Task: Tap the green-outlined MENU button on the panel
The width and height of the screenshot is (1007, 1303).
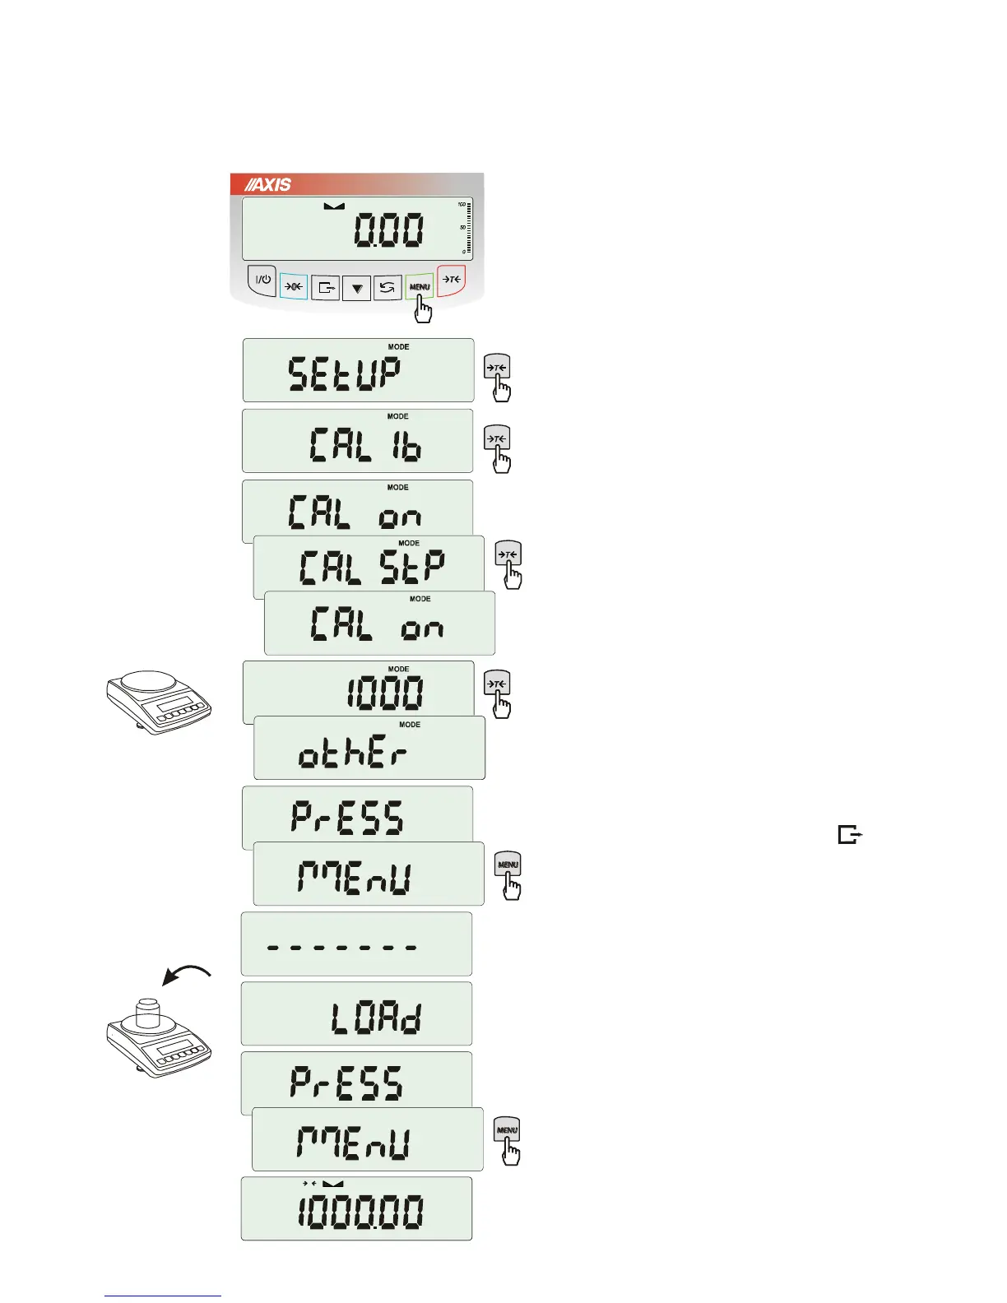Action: click(x=420, y=286)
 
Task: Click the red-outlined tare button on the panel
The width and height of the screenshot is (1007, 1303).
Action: click(x=452, y=280)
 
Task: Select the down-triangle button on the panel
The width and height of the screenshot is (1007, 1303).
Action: click(x=356, y=288)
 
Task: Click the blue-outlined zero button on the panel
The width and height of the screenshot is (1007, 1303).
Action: click(x=294, y=286)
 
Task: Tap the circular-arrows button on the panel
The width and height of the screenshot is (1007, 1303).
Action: click(x=387, y=287)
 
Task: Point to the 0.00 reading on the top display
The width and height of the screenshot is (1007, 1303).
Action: click(x=389, y=230)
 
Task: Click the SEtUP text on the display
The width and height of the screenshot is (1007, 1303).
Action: click(x=345, y=375)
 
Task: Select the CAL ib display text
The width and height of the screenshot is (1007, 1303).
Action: click(x=365, y=446)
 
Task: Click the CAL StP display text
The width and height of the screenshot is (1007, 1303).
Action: click(x=373, y=568)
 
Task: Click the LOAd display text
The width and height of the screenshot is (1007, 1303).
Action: click(x=377, y=1018)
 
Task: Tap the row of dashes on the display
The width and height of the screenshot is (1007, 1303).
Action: click(x=341, y=947)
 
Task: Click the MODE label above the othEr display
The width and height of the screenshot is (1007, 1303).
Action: click(x=410, y=725)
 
